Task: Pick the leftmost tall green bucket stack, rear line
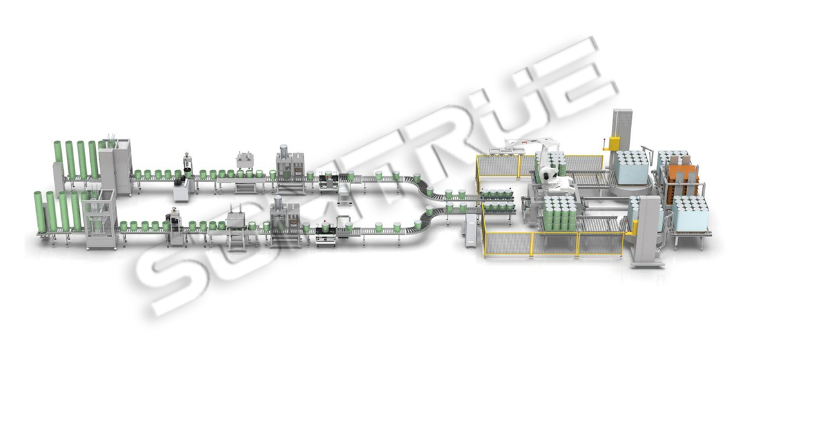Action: pyautogui.click(x=58, y=160)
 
